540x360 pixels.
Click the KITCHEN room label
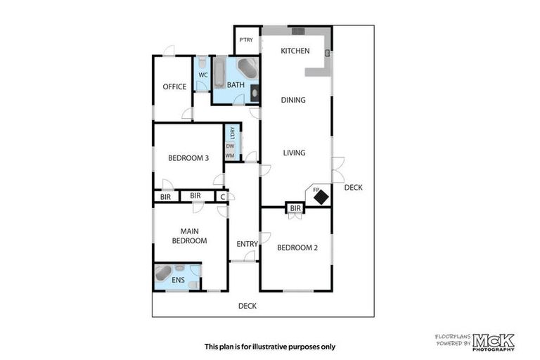[x=295, y=51]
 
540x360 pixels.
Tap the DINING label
[x=293, y=100]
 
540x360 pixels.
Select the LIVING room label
[x=294, y=153]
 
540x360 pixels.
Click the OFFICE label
[x=174, y=87]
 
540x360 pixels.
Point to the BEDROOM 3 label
[x=188, y=158]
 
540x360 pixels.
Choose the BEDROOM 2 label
[x=298, y=247]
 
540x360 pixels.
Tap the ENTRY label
[x=247, y=244]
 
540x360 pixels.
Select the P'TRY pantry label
[x=245, y=40]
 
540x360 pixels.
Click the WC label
[x=202, y=75]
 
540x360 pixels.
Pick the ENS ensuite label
[x=179, y=281]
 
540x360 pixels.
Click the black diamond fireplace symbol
[x=321, y=198]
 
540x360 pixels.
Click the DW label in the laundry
[x=230, y=146]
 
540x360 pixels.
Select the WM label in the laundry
[x=230, y=155]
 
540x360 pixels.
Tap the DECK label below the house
[x=247, y=306]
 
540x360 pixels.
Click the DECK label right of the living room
[x=353, y=187]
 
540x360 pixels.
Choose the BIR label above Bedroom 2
[x=295, y=208]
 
